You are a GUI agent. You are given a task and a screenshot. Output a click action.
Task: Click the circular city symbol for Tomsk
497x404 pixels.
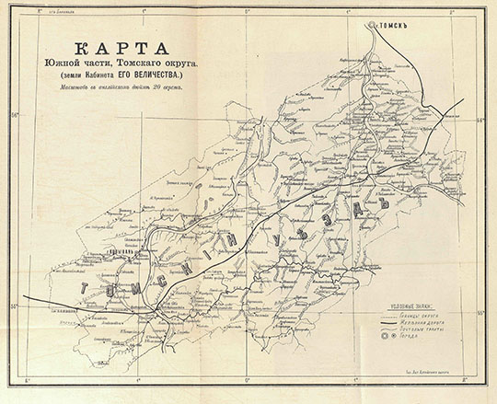(373, 25)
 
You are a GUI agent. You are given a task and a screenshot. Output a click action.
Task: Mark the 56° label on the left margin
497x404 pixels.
(14, 115)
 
